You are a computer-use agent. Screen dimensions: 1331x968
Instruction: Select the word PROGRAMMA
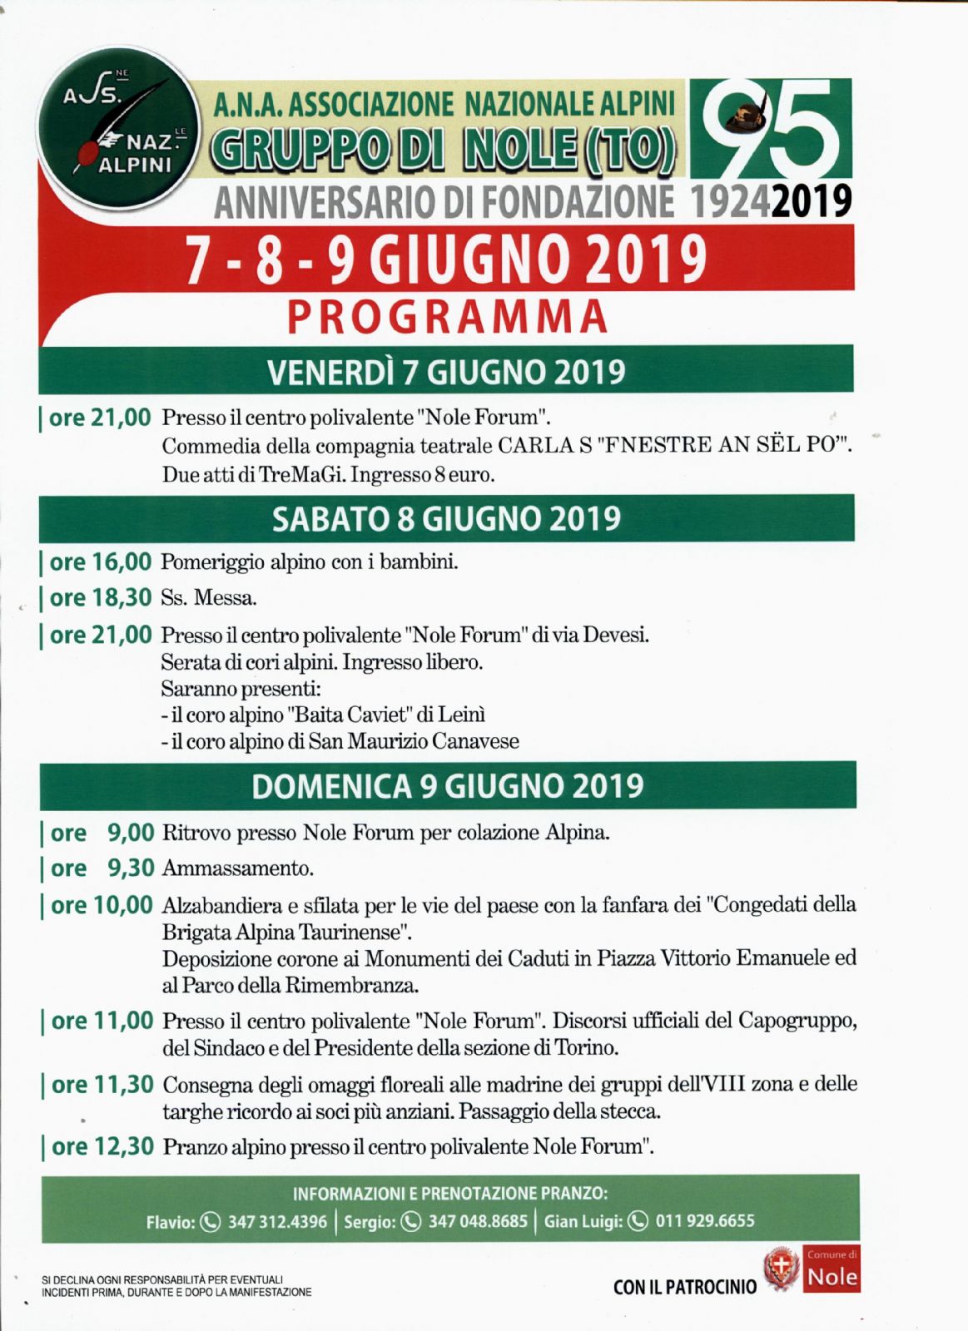(448, 317)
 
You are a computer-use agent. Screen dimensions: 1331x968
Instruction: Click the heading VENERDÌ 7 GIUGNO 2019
(446, 371)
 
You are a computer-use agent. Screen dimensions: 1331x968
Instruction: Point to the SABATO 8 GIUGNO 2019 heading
(446, 518)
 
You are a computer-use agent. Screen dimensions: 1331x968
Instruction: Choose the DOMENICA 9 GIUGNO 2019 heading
(448, 786)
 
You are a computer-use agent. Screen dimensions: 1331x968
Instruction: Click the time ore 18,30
(100, 598)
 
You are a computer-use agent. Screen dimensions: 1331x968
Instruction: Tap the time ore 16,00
(100, 562)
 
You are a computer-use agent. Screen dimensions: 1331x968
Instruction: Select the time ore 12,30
(102, 1147)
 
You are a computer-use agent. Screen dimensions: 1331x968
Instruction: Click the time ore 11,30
(102, 1085)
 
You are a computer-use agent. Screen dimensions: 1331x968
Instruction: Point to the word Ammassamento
(238, 869)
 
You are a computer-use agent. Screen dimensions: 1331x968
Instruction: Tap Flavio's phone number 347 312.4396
(277, 1221)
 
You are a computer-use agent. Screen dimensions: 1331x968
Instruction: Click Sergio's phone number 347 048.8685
(478, 1221)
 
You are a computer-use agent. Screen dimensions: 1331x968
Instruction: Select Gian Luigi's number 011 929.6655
(705, 1221)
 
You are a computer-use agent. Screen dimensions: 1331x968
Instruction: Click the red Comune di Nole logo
(831, 1269)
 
